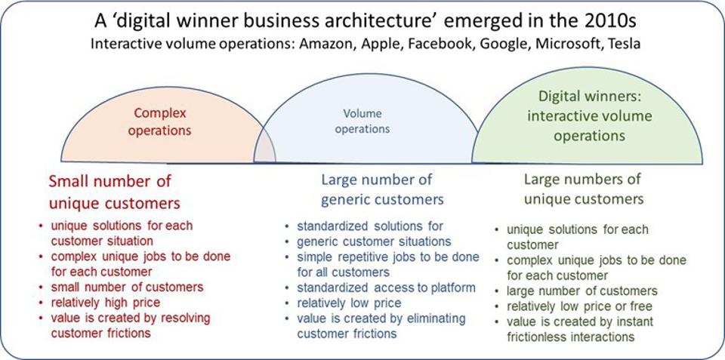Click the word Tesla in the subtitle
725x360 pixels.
pyautogui.click(x=621, y=43)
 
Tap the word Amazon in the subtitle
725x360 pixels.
pyautogui.click(x=328, y=43)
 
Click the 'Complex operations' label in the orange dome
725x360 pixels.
pyautogui.click(x=160, y=122)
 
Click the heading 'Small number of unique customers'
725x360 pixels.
pyautogui.click(x=115, y=192)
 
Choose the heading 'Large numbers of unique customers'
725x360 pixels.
pyautogui.click(x=583, y=189)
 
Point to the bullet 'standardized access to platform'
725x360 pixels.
pyautogui.click(x=386, y=288)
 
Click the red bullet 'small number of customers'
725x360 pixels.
pyautogui.click(x=127, y=287)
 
